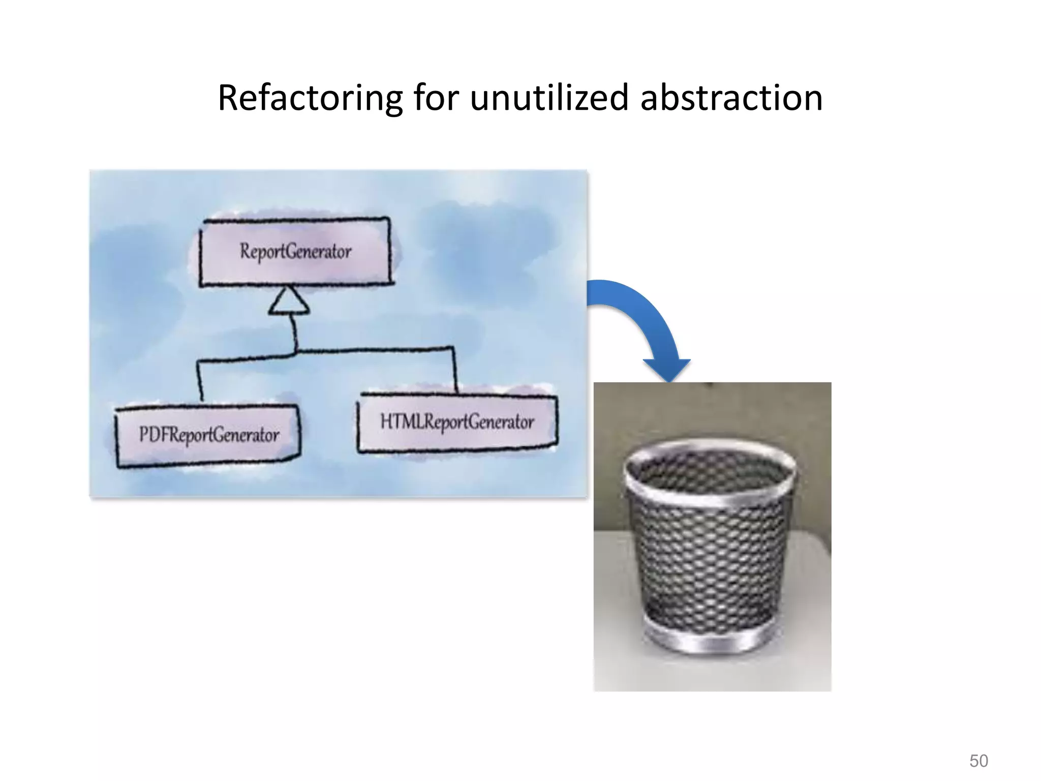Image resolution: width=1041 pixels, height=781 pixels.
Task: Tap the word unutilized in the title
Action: [549, 98]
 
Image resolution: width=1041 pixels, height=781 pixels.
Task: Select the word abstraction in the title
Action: [731, 98]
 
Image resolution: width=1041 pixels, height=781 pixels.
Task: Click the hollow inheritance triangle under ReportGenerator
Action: [289, 303]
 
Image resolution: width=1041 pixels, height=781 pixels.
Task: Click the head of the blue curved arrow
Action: [667, 368]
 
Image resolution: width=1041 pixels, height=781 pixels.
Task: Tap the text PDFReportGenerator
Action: [209, 435]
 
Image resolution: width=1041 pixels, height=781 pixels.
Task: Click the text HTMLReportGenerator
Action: [457, 422]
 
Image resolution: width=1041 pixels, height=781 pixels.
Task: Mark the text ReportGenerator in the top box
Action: [295, 251]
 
